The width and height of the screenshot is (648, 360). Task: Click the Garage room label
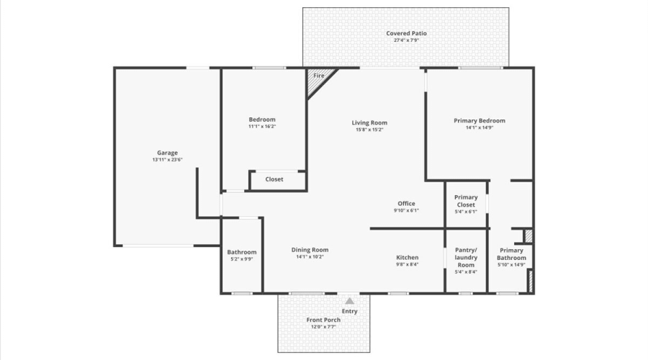pos(167,153)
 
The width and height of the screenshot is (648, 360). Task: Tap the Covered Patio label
pos(406,33)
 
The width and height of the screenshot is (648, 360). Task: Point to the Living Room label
pos(369,122)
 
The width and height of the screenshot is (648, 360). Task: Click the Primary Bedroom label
pos(479,120)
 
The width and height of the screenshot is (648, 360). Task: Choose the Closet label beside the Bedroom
pos(274,179)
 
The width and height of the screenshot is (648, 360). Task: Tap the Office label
pos(406,204)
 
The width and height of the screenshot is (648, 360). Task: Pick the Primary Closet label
pos(466,201)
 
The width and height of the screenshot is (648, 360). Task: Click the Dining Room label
pos(310,250)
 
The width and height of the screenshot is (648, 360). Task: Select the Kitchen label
pos(407,257)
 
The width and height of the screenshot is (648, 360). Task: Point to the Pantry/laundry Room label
pos(466,257)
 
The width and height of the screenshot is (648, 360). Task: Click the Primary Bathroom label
pos(511,254)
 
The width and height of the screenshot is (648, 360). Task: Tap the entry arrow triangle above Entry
pos(349,301)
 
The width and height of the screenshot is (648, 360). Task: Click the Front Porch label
pos(323,320)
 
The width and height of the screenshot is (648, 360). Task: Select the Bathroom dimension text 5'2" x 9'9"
pos(241,259)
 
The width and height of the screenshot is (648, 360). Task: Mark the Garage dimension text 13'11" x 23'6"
pos(167,160)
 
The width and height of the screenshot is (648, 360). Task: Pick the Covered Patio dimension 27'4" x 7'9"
pos(406,40)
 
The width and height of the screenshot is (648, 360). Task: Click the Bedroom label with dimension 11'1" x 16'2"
pos(262,120)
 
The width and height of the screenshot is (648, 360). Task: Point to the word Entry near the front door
pos(349,311)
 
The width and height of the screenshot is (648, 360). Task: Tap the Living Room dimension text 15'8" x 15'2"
pos(369,130)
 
